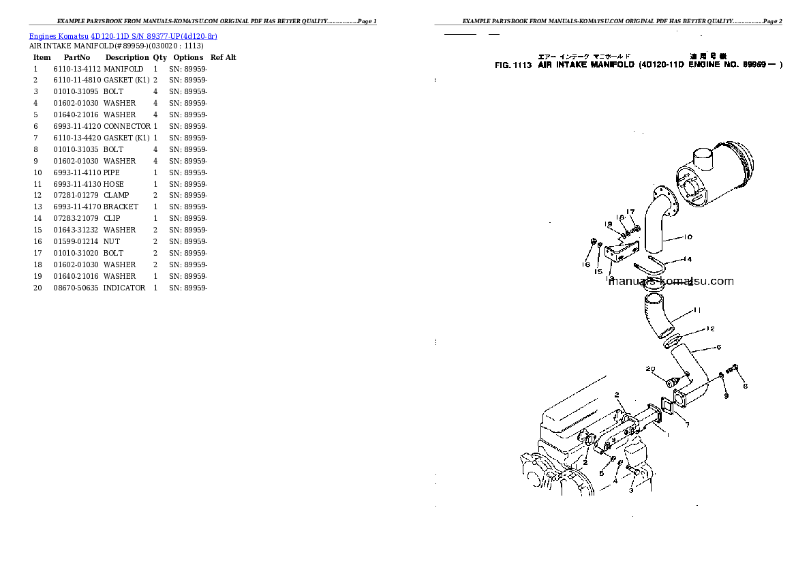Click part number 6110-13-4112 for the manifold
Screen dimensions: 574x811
pos(77,69)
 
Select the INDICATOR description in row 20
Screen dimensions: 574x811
pos(124,288)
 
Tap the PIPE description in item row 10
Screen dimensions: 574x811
pos(112,172)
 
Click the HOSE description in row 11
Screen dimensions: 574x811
pos(113,184)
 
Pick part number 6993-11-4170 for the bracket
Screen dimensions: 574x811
pos(77,207)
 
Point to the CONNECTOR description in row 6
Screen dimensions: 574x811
pos(127,126)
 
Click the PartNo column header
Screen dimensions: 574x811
pos(77,57)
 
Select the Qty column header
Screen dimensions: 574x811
pos(159,57)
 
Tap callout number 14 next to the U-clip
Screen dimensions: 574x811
pos(688,259)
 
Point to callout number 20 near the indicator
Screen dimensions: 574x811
pos(650,369)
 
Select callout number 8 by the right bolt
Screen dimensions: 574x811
pos(744,384)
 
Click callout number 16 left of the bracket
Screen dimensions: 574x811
pos(586,264)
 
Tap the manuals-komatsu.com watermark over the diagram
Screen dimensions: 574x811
pos(671,281)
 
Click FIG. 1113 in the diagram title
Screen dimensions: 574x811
pos(512,65)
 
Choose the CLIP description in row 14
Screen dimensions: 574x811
pos(112,218)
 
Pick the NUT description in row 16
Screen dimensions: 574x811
pos(111,241)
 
